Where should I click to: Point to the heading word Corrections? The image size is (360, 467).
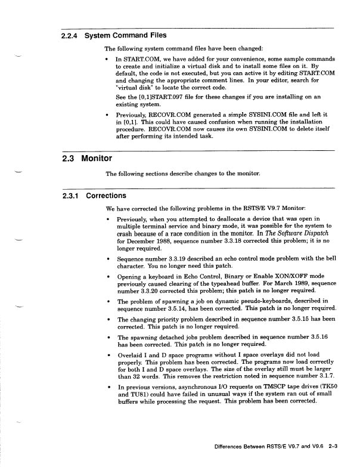click(x=106, y=195)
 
